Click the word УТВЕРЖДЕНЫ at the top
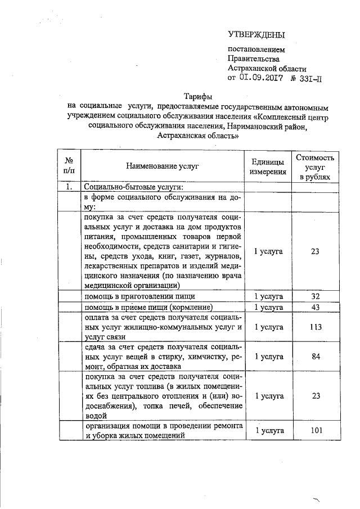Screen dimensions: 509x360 tap(256, 35)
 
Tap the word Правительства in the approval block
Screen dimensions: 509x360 tap(253, 58)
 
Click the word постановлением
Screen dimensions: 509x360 tap(256, 49)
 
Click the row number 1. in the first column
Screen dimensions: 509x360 tap(70, 187)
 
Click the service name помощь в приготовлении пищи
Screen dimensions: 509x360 tap(139, 296)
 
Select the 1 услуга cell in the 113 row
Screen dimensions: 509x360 tap(268, 327)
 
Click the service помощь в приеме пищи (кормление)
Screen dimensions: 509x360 tap(147, 307)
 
